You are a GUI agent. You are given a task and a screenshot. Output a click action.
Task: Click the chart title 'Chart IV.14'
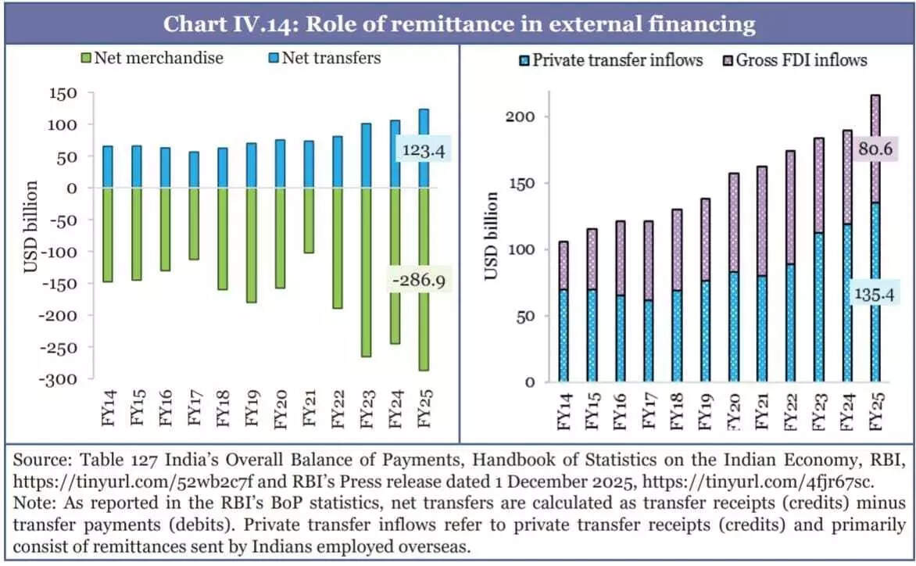pos(459,23)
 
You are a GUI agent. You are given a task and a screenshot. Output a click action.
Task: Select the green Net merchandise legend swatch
pos(86,58)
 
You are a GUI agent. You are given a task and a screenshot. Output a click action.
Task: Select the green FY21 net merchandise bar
pos(308,220)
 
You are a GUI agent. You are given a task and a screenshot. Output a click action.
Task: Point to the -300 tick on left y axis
pos(61,379)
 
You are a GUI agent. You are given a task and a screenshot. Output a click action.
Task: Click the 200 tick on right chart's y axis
pos(530,116)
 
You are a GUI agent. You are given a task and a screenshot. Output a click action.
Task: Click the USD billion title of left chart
pos(30,227)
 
